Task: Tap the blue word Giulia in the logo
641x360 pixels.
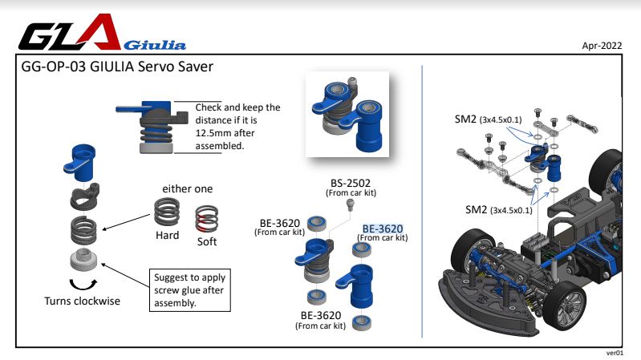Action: (155, 45)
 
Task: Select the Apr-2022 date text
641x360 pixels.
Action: (602, 46)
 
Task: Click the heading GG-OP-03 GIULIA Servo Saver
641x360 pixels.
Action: (117, 67)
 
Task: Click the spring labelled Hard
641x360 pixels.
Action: (167, 211)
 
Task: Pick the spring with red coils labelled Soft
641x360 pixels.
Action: (206, 219)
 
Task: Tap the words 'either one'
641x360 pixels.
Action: (187, 188)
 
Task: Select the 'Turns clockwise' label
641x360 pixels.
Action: (82, 301)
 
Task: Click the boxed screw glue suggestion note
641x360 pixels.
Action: (189, 290)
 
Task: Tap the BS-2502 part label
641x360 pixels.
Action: (351, 183)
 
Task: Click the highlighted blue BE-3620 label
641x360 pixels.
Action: (383, 229)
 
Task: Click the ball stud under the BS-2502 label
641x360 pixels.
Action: (350, 204)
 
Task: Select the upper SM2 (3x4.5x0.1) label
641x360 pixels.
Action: (488, 119)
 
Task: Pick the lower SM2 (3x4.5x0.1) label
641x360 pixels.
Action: (499, 210)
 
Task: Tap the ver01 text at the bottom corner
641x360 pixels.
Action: (615, 353)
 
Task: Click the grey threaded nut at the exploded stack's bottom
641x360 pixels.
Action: (83, 260)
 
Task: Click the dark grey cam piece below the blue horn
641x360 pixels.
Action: (84, 196)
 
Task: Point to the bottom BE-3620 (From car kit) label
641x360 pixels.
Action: (321, 321)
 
